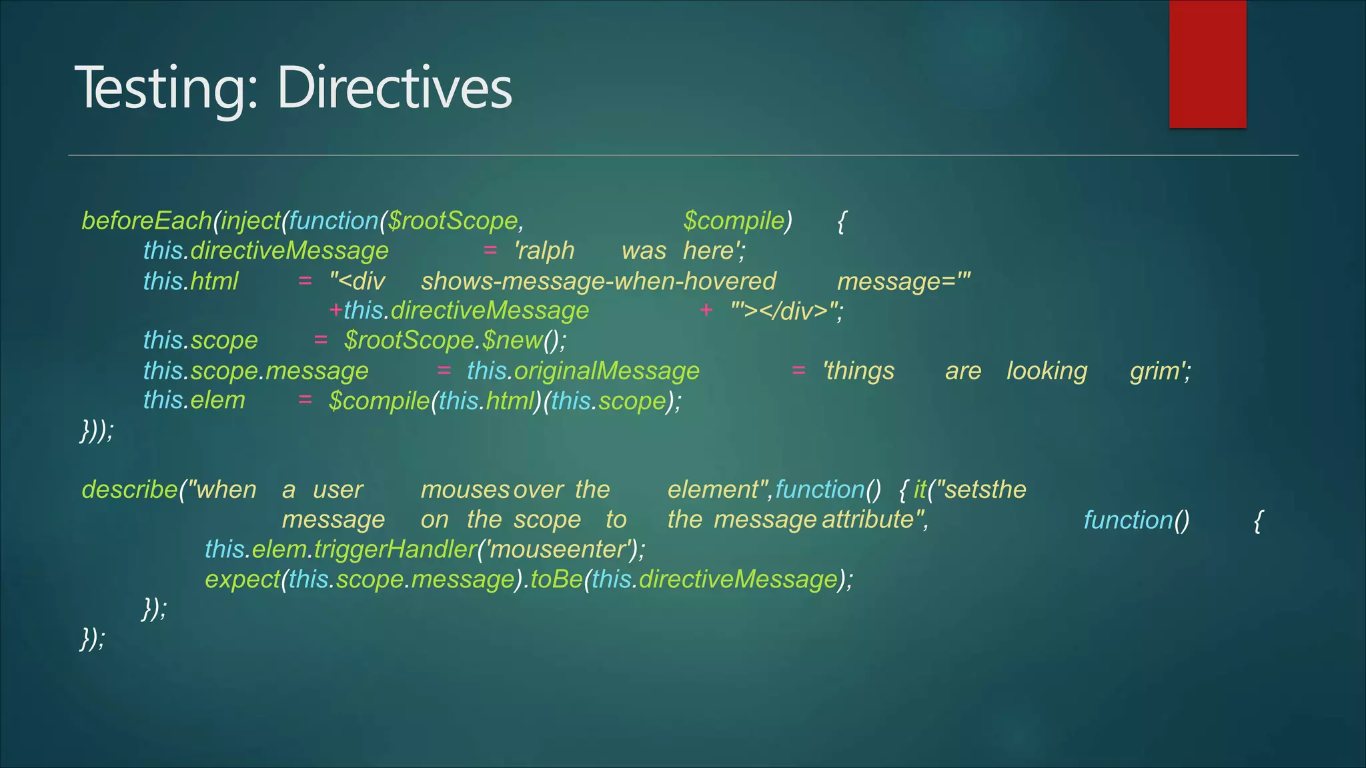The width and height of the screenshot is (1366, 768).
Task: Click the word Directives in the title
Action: click(394, 88)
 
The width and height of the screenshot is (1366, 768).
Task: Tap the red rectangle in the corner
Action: click(1207, 64)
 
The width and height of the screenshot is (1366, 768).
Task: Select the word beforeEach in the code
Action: click(146, 221)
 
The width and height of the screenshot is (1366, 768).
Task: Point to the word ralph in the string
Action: click(546, 251)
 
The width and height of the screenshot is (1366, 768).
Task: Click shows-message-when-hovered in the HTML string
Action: click(598, 281)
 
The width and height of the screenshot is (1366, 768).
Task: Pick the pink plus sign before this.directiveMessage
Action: click(335, 310)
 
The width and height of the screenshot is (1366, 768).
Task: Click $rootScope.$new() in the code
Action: click(455, 341)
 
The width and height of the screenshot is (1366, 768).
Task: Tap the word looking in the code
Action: click(1047, 371)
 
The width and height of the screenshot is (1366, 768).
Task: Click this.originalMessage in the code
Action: click(583, 371)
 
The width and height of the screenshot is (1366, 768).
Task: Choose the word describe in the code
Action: click(129, 490)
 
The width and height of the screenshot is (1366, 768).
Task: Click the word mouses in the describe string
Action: click(465, 490)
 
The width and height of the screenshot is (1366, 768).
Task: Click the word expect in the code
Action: click(241, 579)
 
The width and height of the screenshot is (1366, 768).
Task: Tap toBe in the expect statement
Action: click(556, 579)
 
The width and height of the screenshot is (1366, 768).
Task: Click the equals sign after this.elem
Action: click(305, 400)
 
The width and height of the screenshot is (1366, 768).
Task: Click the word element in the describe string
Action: click(712, 490)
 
